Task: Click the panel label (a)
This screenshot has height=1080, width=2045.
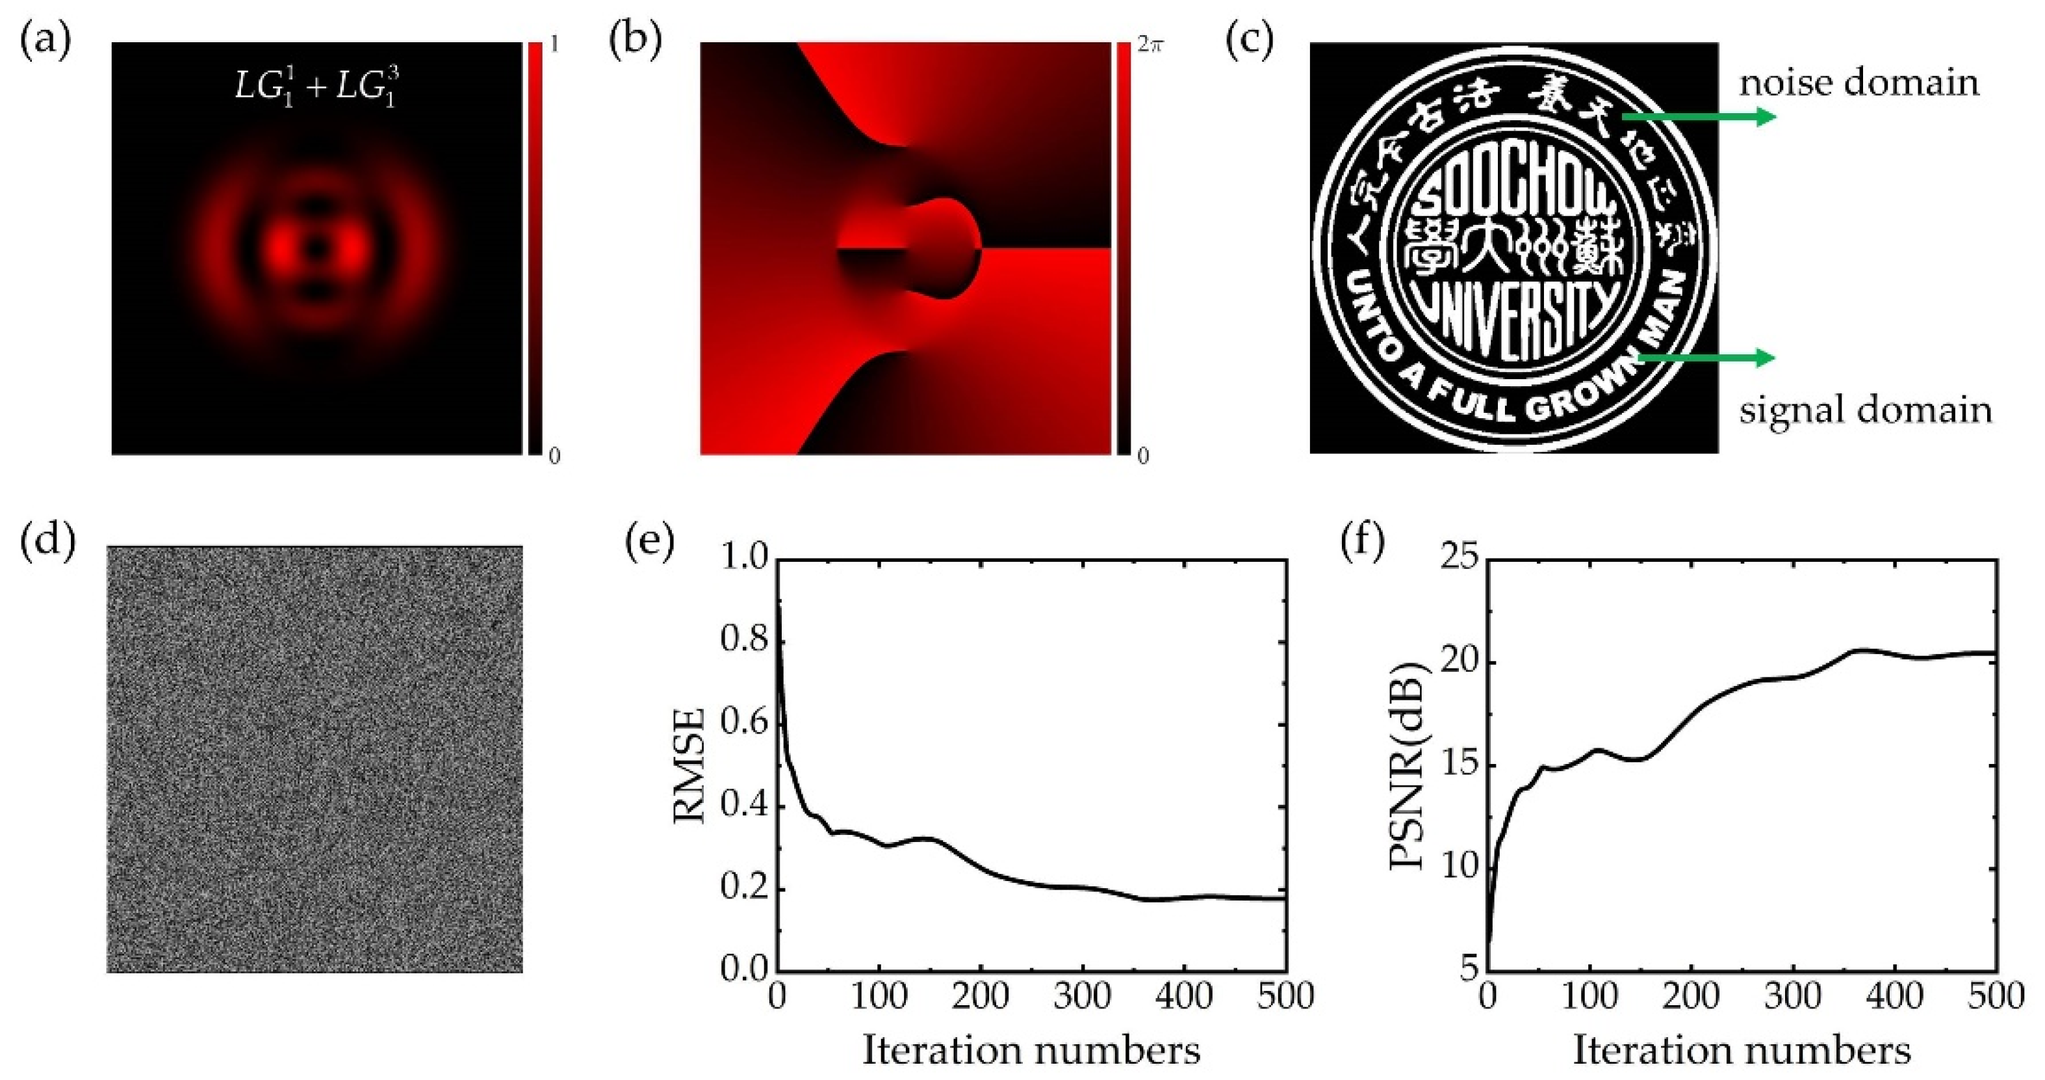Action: [45, 42]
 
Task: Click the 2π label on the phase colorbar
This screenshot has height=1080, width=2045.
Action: [1150, 46]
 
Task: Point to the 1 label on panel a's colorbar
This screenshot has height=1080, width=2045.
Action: [554, 44]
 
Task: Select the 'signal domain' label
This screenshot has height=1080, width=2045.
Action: [1866, 410]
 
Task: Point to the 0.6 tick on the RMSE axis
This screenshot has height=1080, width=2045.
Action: [745, 724]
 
